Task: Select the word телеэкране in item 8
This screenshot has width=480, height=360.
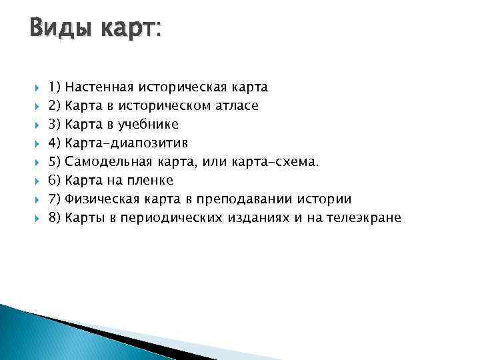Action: click(363, 218)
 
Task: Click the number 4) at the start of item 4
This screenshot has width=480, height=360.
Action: click(55, 143)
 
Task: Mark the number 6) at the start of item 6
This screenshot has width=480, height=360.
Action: click(55, 180)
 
